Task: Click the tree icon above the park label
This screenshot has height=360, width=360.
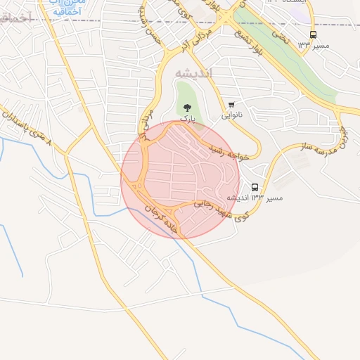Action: (x=186, y=108)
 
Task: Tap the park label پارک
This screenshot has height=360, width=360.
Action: (x=186, y=119)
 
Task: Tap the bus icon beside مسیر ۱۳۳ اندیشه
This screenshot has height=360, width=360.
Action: (x=255, y=188)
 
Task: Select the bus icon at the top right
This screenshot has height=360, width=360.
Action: (x=313, y=34)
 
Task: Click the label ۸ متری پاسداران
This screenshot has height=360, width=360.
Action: (x=27, y=127)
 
